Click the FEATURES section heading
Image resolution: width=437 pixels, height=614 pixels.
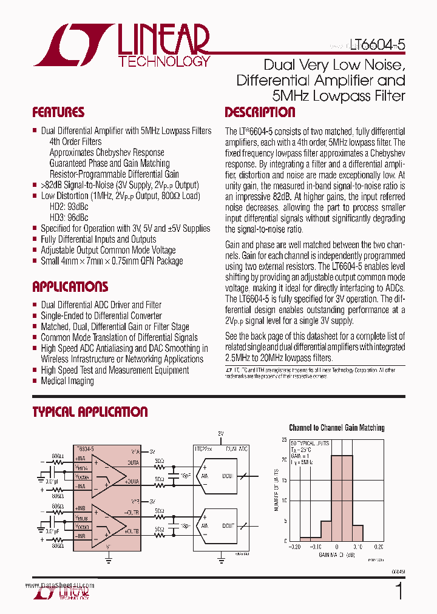click(58, 112)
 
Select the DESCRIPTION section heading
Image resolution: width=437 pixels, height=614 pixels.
click(260, 112)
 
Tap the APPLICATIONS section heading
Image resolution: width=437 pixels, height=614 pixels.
click(70, 286)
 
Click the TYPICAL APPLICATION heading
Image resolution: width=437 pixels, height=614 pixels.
click(90, 412)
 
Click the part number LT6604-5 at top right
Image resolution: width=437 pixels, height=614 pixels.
click(377, 44)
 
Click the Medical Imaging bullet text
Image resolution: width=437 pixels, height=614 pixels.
click(67, 381)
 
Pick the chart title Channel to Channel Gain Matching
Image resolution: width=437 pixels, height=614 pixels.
click(336, 428)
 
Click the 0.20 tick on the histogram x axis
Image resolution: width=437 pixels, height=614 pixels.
click(377, 546)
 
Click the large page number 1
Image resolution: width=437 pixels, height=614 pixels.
click(399, 592)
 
